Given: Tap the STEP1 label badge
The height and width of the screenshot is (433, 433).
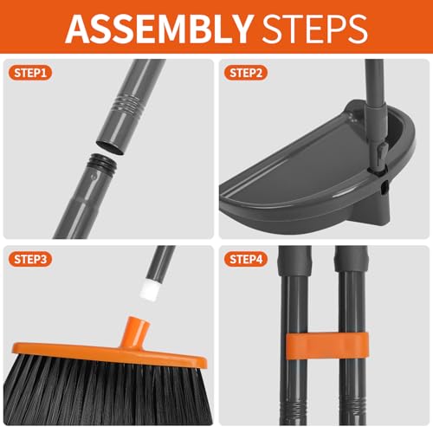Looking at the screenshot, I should click(x=31, y=73).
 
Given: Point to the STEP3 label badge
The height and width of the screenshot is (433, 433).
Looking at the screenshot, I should click(x=31, y=258).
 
